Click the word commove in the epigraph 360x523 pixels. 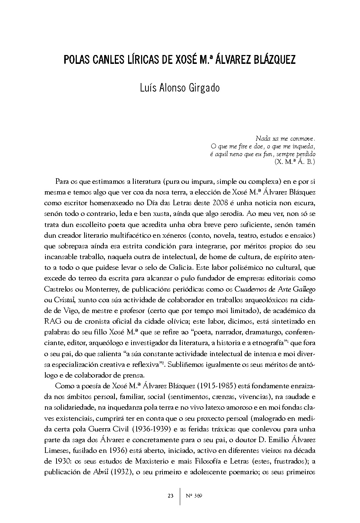click(x=302, y=139)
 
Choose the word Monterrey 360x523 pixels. click(x=103, y=289)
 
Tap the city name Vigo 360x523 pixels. click(x=65, y=310)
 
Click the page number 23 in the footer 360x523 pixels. click(x=170, y=496)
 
